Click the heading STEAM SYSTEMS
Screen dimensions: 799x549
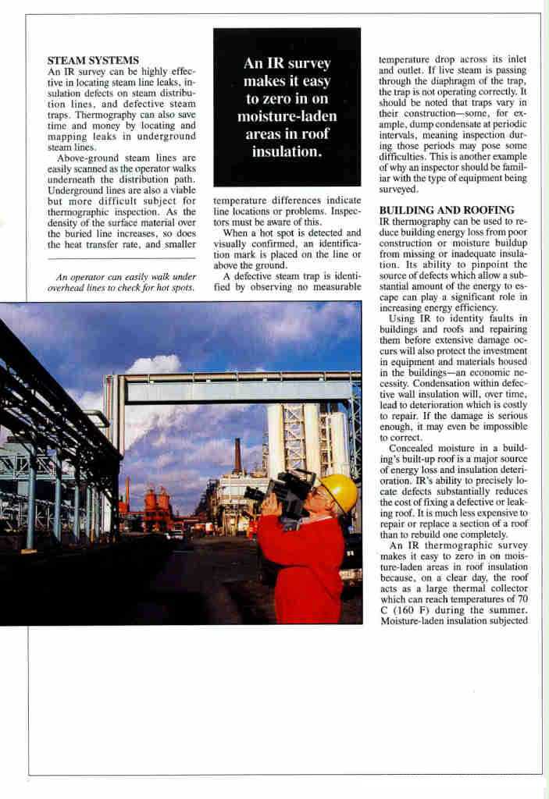click(93, 59)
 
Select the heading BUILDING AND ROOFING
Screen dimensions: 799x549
click(446, 210)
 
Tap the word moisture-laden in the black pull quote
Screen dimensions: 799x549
click(287, 117)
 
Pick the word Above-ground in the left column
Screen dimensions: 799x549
click(86, 158)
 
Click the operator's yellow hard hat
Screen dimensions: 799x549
click(338, 493)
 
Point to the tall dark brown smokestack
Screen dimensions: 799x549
click(237, 456)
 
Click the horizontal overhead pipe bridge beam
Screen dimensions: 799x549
click(234, 388)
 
